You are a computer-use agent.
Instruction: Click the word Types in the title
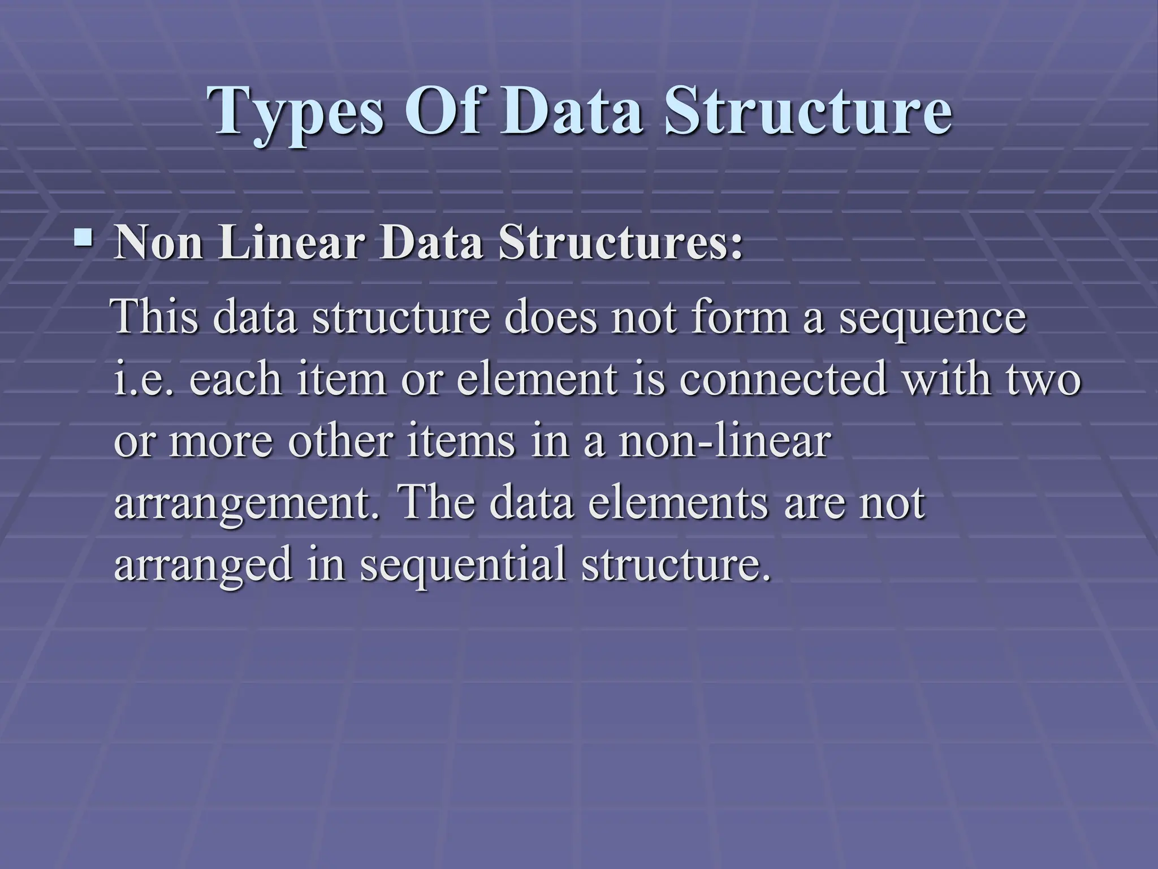pyautogui.click(x=297, y=111)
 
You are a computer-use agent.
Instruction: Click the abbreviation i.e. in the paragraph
pyautogui.click(x=144, y=379)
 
